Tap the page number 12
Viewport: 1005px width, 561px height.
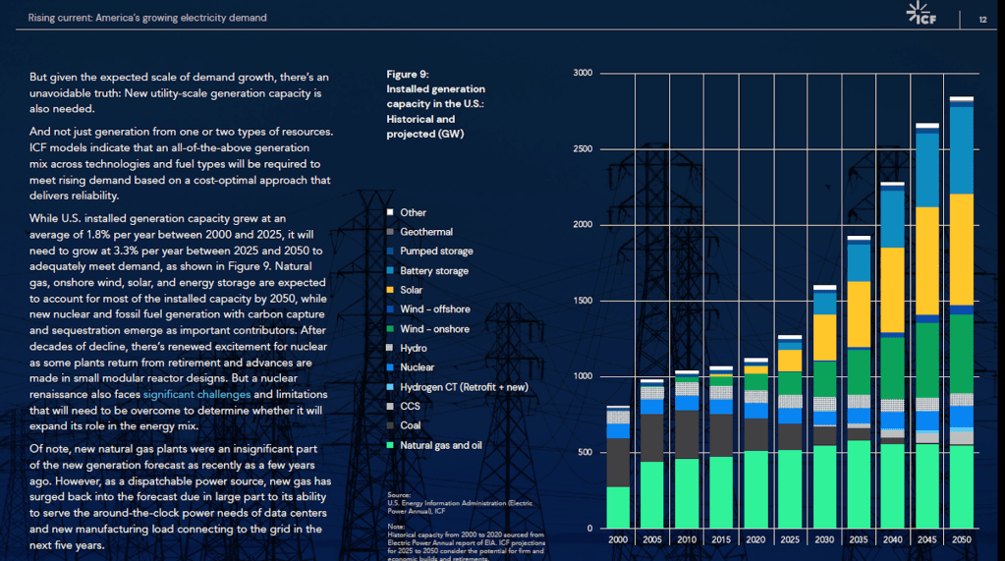coord(983,19)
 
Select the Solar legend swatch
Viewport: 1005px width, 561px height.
coord(390,290)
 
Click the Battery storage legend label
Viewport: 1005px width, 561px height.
coord(434,271)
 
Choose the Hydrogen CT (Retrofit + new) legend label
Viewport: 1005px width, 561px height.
coord(463,387)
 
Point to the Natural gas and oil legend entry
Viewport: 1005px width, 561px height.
coord(441,445)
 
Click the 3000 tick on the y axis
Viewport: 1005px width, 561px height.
coord(583,73)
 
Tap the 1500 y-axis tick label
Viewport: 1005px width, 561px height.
coord(583,301)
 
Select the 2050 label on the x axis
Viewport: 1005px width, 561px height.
coord(961,540)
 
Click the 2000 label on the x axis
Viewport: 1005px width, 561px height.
coord(618,540)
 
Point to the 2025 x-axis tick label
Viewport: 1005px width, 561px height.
coord(790,540)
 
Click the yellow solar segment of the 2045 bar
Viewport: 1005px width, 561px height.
coord(927,260)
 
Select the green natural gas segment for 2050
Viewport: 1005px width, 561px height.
coord(961,486)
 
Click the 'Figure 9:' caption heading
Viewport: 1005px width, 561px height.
coord(408,74)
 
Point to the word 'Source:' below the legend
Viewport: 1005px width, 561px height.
coord(398,494)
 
